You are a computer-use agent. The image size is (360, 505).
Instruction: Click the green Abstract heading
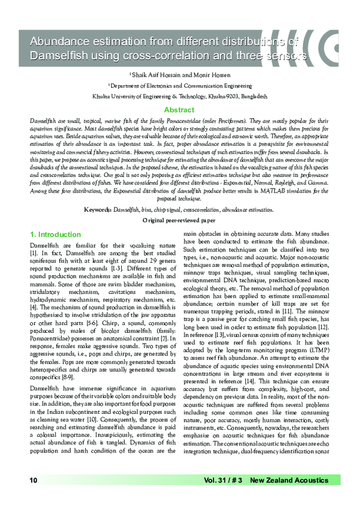coord(179,110)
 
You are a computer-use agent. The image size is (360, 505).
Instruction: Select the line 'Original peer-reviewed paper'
coord(179,221)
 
